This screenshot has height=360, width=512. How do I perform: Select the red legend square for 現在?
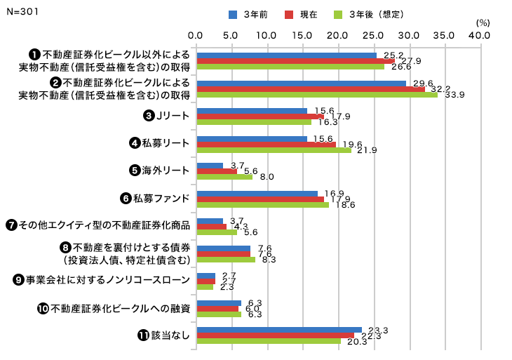288,14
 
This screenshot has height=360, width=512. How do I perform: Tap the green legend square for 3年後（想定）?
338,14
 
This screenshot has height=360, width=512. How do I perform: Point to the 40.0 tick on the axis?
480,34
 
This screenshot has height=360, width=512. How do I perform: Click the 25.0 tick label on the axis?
373,34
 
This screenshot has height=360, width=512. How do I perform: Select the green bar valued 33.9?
317,95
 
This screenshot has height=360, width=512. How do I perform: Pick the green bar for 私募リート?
274,149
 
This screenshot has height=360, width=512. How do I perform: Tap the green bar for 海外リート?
225,177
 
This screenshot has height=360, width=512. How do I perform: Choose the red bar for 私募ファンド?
260,199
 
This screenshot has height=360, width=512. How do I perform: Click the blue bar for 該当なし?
279,329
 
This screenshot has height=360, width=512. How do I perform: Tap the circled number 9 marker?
19,280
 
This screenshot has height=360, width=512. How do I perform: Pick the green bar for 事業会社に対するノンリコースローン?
205,286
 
